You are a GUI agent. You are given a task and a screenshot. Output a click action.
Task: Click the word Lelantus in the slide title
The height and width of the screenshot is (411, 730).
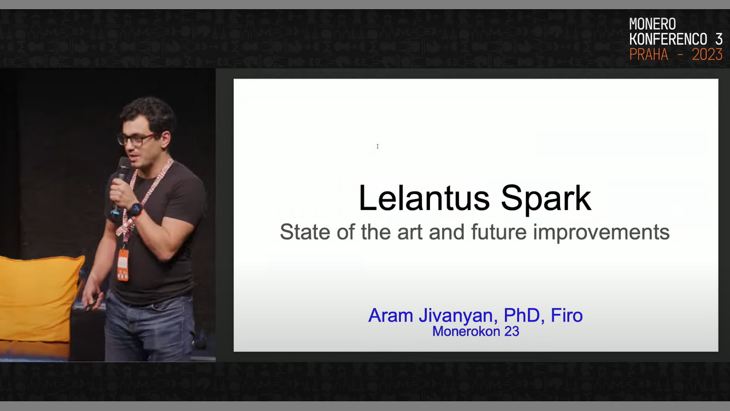424,198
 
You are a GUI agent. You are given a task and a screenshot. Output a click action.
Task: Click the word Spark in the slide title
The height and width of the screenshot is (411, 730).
546,200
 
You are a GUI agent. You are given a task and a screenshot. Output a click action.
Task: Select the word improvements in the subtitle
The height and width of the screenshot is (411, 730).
601,232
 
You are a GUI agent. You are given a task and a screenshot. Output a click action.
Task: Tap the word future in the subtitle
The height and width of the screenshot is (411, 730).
499,232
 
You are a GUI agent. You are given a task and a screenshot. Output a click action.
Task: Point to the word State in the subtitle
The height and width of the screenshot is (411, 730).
306,232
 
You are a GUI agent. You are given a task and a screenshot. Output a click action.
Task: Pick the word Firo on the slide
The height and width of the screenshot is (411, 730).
567,315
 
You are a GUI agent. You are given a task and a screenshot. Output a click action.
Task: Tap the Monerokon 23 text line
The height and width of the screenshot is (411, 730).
476,332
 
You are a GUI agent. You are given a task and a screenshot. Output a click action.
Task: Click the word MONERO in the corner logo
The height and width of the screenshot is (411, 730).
652,24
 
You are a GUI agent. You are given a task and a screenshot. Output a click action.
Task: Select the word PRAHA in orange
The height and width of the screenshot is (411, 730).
648,54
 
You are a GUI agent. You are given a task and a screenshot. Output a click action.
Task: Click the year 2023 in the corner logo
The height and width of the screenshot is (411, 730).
707,54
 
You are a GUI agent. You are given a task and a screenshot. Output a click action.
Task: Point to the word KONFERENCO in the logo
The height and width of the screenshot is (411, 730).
668,39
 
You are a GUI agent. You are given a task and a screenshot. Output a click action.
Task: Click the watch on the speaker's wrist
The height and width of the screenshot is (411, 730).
135,209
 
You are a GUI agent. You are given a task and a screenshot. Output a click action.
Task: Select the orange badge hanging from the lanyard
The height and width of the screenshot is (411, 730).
123,265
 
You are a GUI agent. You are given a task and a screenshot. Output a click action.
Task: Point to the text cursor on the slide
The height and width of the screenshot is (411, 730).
378,146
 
